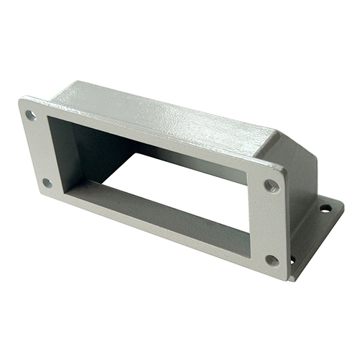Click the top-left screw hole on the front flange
(x=31, y=114)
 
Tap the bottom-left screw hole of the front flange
(x=48, y=183)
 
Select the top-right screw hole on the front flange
(x=271, y=186)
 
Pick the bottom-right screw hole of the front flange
(x=272, y=260)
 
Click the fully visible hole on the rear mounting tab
(x=325, y=209)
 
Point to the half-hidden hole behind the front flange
(x=292, y=260)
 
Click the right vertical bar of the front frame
(x=266, y=223)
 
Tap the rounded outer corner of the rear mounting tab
(x=338, y=205)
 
